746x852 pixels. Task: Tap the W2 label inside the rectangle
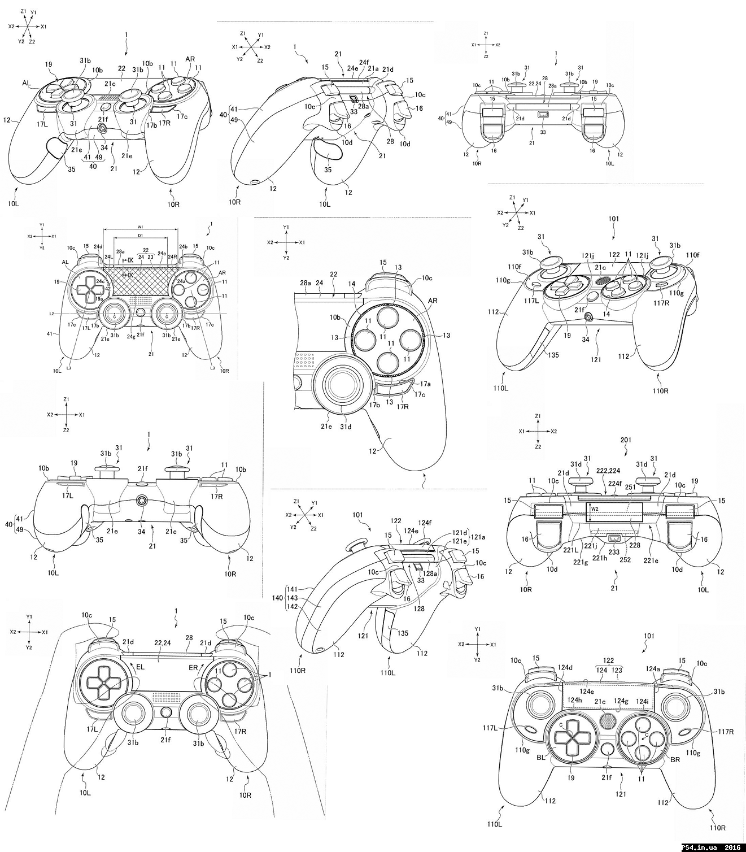(x=594, y=508)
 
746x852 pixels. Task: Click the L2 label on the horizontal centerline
(x=51, y=313)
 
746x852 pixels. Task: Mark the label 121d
(x=460, y=533)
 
